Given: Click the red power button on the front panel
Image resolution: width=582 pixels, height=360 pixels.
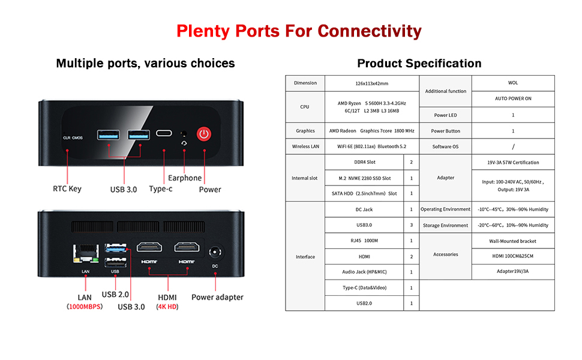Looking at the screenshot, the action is point(205,134).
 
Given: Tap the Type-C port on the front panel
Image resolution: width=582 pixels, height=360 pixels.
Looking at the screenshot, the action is point(164,133).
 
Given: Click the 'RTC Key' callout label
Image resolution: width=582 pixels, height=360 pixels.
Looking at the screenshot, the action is point(67,188).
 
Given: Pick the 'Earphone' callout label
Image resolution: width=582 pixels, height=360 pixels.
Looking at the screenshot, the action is point(185,178).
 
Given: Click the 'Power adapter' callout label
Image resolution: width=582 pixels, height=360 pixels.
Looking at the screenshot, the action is point(217,296).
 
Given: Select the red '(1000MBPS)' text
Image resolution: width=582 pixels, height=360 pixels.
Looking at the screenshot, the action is point(85,307).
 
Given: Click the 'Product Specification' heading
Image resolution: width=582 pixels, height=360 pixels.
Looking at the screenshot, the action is point(419,64).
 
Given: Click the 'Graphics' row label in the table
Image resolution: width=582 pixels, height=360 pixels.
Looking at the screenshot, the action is point(305,131).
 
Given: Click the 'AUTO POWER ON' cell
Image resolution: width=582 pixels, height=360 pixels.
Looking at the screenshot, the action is point(513,98).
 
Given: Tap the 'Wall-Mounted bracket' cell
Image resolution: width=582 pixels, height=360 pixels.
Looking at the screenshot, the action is point(513,241).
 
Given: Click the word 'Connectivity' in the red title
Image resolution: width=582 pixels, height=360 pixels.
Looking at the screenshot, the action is point(370,31).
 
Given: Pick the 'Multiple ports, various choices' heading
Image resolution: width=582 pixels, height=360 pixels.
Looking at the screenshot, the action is point(145,64).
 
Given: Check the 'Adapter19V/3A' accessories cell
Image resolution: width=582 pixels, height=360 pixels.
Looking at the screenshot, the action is point(513,272).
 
